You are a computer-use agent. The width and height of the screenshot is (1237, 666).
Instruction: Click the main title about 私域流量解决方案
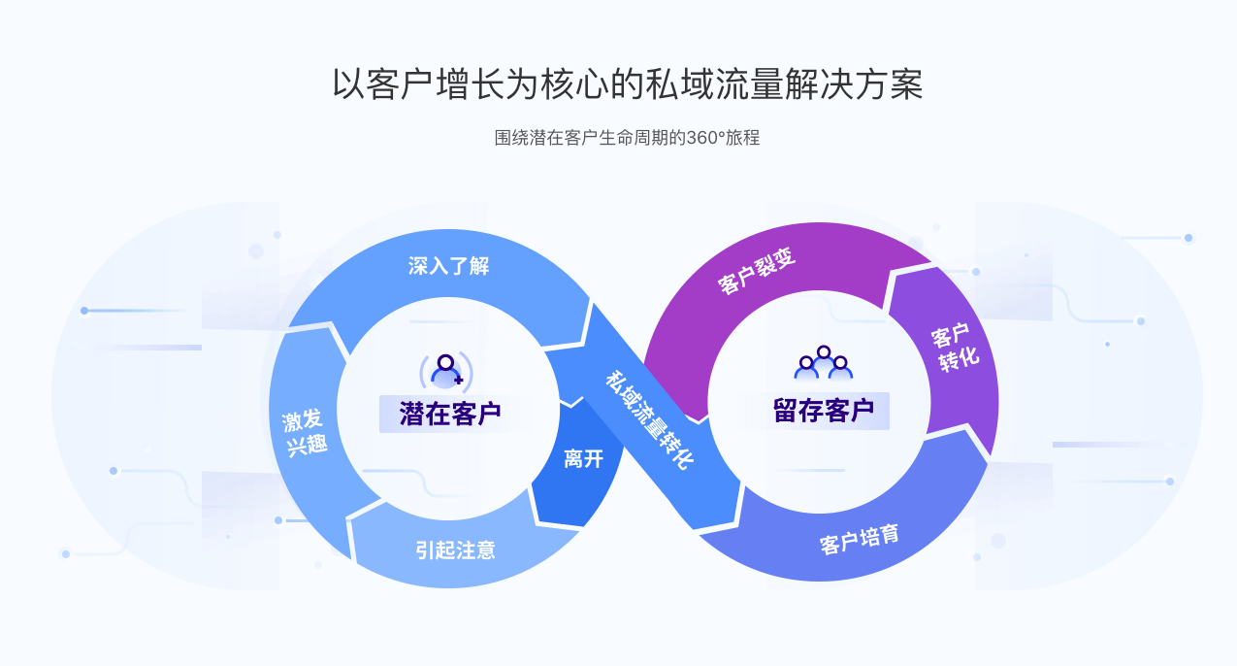tap(627, 84)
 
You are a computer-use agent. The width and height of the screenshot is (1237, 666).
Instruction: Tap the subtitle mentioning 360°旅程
tap(627, 138)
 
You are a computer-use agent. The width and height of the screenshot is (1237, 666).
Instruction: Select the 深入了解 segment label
tap(448, 266)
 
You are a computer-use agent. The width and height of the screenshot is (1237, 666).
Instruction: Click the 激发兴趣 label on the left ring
tap(304, 433)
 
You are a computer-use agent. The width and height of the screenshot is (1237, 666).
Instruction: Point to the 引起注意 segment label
tap(456, 550)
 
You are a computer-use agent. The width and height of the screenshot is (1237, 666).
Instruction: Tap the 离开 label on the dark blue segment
tap(583, 458)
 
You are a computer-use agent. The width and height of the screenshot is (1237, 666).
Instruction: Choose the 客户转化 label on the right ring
tap(955, 348)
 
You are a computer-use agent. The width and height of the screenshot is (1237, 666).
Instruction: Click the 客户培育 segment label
tap(860, 539)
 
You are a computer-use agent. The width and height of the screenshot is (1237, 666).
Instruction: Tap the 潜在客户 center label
tap(450, 414)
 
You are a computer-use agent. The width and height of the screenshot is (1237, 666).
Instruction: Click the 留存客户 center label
tap(824, 411)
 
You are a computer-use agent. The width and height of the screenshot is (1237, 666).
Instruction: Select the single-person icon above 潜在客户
tap(446, 369)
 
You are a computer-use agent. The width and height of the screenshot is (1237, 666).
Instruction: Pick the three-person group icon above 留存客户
tap(824, 362)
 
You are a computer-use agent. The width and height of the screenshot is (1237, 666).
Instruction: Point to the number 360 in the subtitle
tap(699, 138)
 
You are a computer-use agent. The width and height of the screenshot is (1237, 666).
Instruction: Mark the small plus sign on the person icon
tap(458, 380)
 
